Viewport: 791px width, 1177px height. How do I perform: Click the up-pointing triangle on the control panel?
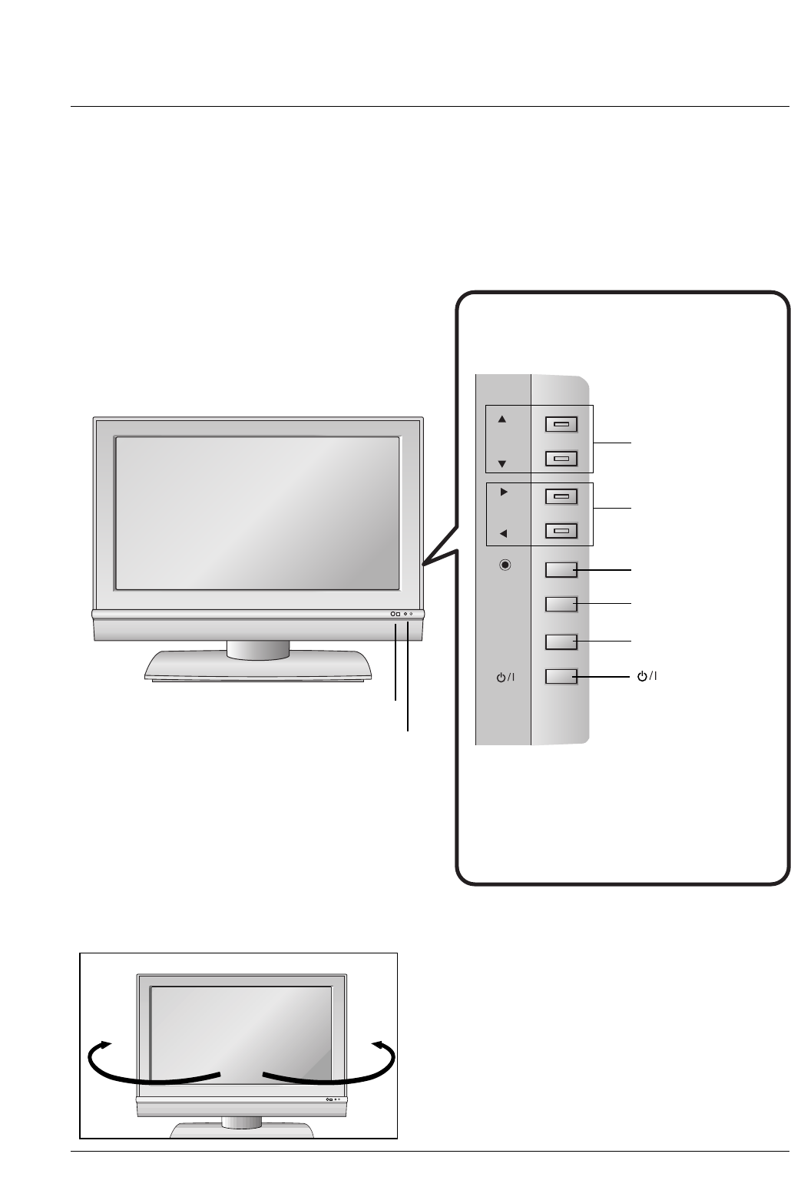(x=502, y=419)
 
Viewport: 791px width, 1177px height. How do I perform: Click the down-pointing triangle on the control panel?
(x=502, y=464)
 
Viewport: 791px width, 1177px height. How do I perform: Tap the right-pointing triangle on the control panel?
(x=504, y=492)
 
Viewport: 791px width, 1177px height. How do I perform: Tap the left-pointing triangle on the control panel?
(x=503, y=533)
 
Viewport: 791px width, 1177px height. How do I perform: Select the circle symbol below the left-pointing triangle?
(x=505, y=565)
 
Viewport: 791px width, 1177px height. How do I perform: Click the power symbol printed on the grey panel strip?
(x=505, y=678)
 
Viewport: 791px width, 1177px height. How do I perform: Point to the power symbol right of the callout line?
(x=647, y=676)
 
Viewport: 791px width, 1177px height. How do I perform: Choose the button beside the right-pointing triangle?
(x=561, y=496)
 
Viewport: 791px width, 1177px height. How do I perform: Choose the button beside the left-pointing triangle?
(x=561, y=530)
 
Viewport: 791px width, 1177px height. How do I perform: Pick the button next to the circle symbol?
(x=561, y=569)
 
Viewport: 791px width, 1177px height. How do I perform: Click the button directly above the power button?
(x=561, y=641)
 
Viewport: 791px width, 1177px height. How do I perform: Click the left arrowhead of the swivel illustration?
(x=104, y=1044)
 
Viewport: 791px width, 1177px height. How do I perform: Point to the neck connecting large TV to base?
(x=258, y=650)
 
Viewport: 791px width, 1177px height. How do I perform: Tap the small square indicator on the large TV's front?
(x=398, y=614)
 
